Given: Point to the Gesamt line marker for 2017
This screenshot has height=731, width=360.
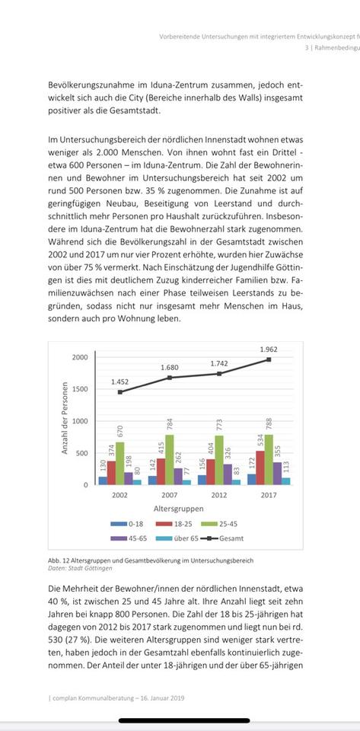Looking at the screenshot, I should tap(268, 359).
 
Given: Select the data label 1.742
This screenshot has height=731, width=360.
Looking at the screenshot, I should tap(219, 363).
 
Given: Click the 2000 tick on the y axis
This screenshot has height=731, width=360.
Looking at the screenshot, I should tap(79, 356).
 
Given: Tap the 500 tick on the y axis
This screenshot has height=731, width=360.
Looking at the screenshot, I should tap(82, 452).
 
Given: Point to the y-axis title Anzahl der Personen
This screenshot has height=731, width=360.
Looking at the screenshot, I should tap(65, 419).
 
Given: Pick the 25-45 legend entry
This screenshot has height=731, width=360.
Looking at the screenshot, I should tap(231, 523).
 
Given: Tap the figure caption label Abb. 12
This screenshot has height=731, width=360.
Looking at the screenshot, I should tap(58, 560).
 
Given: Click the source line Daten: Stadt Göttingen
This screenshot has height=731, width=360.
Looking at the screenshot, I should tap(79, 568).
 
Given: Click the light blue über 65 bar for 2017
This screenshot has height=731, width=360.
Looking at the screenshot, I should tap(285, 480).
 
